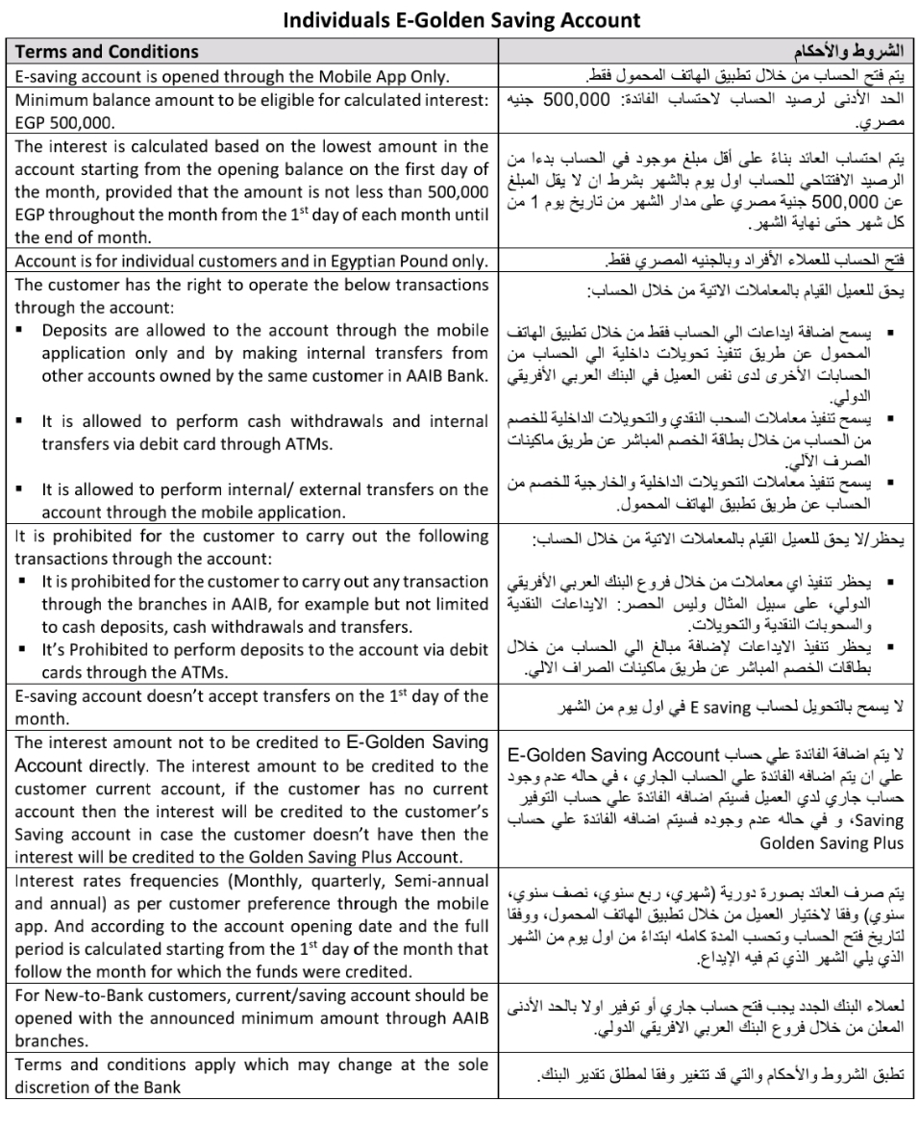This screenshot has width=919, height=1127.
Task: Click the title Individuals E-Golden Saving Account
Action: point(459,17)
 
